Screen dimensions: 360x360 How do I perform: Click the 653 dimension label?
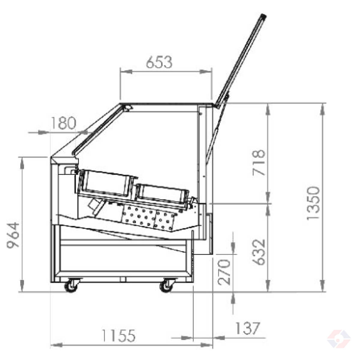click(159, 62)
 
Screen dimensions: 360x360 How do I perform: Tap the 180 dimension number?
click(63, 123)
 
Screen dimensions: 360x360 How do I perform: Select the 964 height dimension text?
click(13, 235)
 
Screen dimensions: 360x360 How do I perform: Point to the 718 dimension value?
click(259, 163)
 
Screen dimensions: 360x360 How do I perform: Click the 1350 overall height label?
click(313, 203)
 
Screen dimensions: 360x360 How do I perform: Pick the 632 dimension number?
click(259, 252)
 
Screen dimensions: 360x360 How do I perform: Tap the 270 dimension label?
click(224, 272)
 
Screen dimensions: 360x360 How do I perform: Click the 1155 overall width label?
click(119, 335)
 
